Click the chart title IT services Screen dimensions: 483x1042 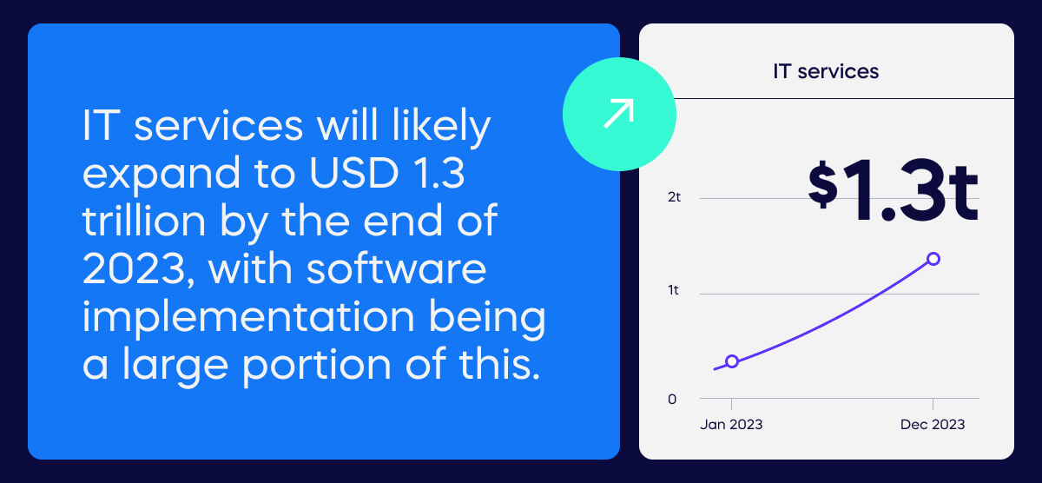click(826, 71)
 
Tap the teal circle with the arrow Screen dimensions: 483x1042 click(619, 115)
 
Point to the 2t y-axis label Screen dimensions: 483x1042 click(675, 197)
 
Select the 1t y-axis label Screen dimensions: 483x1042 click(674, 290)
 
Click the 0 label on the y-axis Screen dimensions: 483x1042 click(672, 400)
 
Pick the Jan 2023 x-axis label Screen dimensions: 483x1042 click(731, 425)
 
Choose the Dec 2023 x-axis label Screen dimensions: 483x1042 click(933, 425)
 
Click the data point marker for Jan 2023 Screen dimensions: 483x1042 click(732, 361)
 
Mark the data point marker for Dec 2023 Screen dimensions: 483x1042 click(933, 259)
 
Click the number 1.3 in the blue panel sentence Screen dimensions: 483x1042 click(439, 176)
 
